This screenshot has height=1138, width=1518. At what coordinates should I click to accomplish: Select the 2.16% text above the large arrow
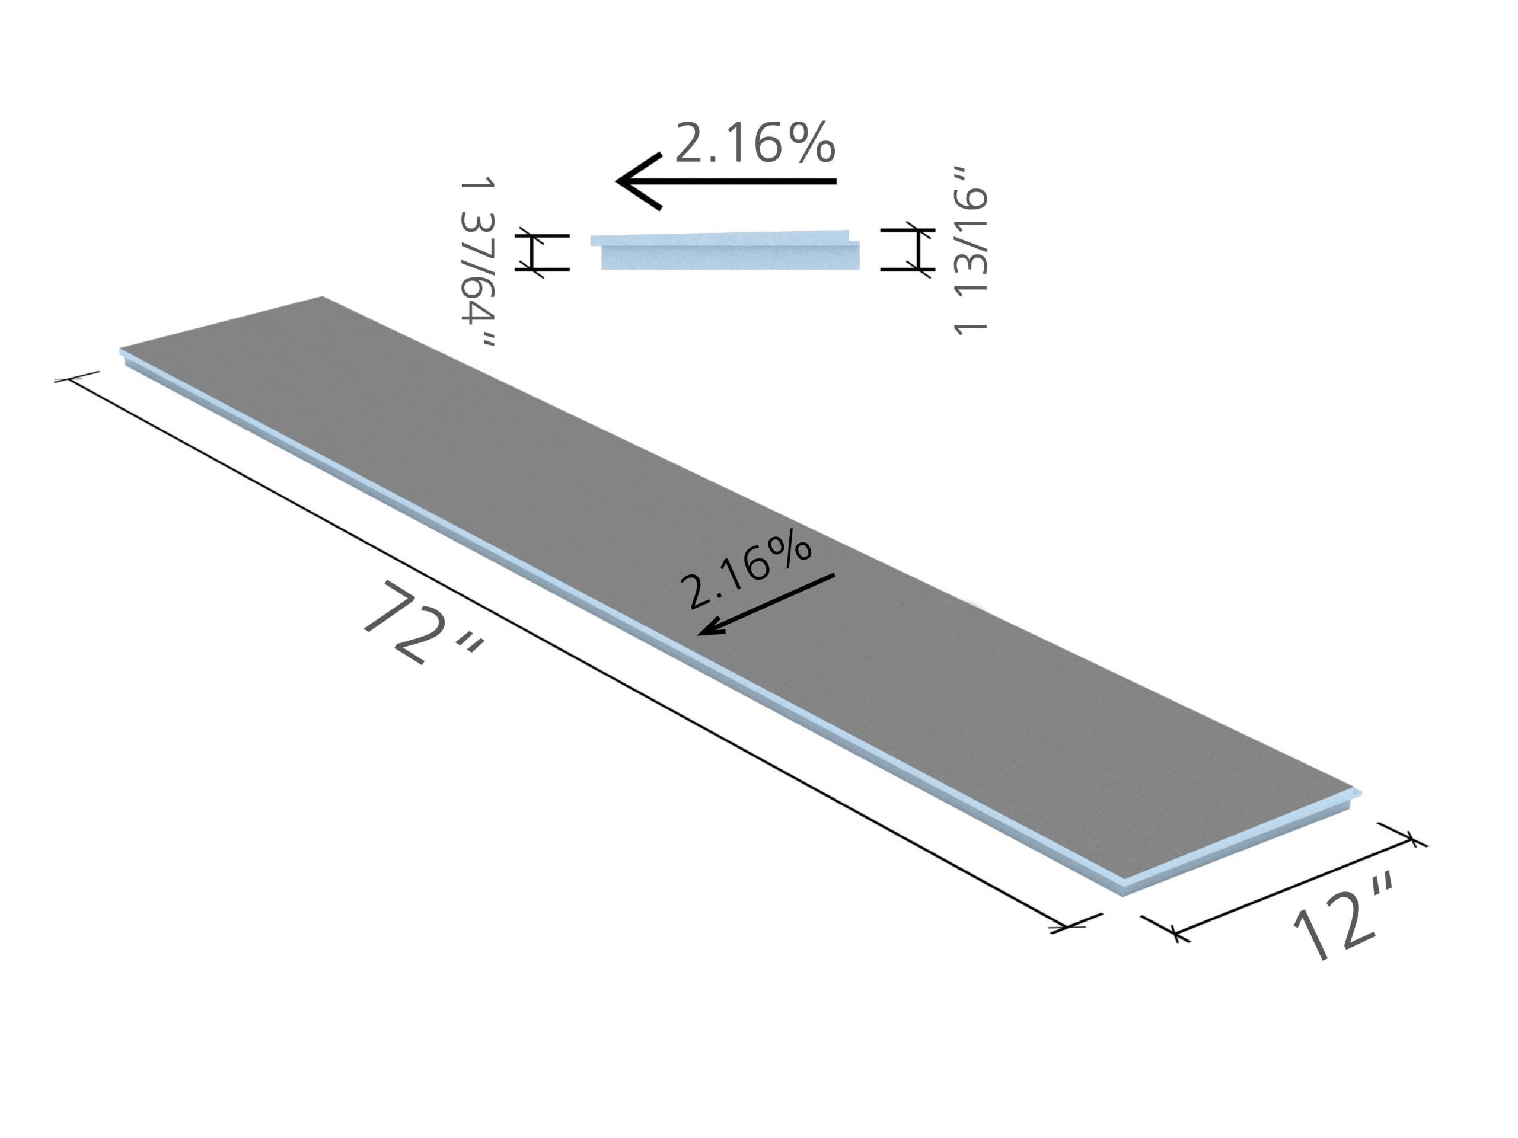[755, 144]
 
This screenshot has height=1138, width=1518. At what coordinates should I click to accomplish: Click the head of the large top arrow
[635, 182]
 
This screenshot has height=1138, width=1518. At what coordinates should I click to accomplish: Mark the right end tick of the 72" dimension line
[1068, 928]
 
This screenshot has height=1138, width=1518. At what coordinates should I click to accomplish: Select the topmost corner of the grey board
[322, 298]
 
